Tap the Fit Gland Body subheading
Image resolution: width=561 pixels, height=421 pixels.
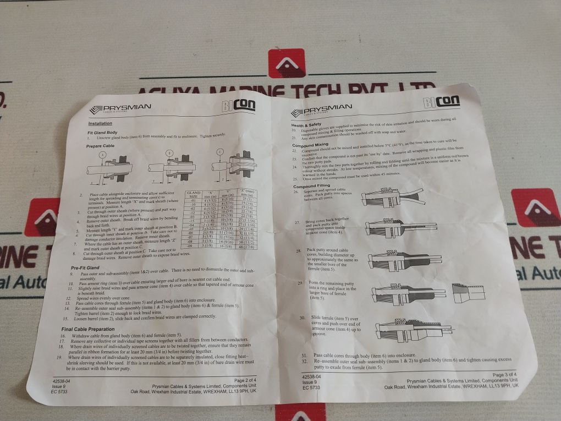(102, 133)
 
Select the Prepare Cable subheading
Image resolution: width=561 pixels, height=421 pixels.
(101, 146)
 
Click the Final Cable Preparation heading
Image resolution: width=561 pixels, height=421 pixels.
(87, 329)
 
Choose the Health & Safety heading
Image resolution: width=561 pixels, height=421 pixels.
(306, 124)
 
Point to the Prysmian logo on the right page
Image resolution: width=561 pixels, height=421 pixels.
(321, 110)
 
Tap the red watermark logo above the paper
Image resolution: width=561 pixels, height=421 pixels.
(286, 63)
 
